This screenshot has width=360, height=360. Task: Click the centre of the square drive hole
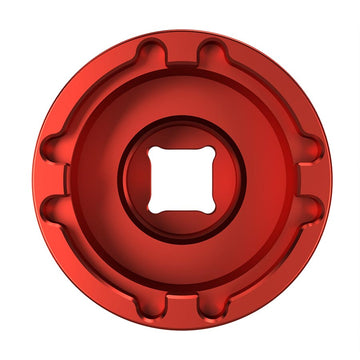pyautogui.click(x=180, y=182)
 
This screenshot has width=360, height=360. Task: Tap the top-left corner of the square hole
pyautogui.click(x=153, y=155)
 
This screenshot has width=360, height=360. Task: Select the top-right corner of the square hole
pyautogui.click(x=207, y=155)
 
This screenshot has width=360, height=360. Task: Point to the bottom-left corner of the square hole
pyautogui.click(x=153, y=209)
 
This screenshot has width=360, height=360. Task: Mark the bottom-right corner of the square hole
pyautogui.click(x=207, y=209)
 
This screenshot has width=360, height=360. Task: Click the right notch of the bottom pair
pyautogui.click(x=209, y=313)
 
